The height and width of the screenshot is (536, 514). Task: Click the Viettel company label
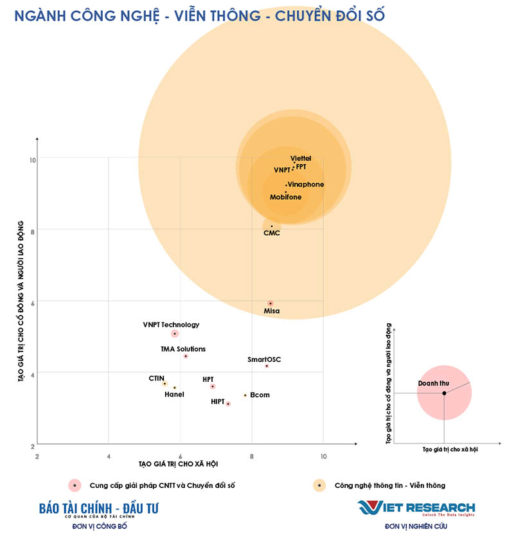[x=301, y=158]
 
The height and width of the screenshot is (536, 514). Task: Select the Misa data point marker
[x=270, y=303]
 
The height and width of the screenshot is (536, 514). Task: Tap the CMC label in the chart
[x=272, y=233]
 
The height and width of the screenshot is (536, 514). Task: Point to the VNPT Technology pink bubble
[x=174, y=334]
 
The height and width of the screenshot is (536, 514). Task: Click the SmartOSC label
[x=264, y=359]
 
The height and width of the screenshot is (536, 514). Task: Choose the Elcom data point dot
[x=245, y=395]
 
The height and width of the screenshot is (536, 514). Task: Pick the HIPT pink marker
[x=228, y=404]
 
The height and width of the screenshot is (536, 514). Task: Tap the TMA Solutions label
[x=183, y=349]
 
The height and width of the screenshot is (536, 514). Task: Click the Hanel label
[x=174, y=395]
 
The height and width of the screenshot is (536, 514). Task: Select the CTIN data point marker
[x=164, y=384]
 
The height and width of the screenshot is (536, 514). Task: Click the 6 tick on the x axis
[x=180, y=456]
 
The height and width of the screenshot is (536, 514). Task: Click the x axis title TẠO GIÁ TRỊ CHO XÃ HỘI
[x=178, y=463]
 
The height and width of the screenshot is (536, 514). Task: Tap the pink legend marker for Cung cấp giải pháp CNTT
[x=75, y=485]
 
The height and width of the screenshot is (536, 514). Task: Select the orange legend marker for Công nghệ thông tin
[x=318, y=485]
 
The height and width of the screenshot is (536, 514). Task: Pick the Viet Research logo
[x=416, y=508]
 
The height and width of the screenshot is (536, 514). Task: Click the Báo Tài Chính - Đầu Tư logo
[x=98, y=509]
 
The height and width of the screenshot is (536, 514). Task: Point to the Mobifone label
[x=285, y=197]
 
